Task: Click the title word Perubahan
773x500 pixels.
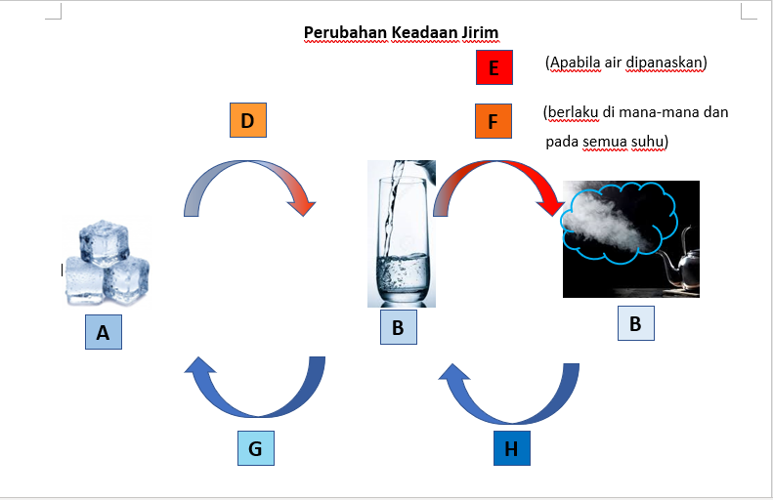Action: point(346,33)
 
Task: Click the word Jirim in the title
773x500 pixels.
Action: point(480,33)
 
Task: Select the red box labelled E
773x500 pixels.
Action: point(494,67)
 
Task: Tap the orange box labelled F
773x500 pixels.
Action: point(493,121)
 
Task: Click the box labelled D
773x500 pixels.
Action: point(248,120)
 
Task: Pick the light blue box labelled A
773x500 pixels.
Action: point(104,332)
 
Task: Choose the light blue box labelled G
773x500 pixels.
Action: point(256,448)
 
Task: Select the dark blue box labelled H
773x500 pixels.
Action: point(512,448)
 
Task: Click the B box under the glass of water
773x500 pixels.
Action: point(399,327)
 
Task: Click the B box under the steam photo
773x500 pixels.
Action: point(636,323)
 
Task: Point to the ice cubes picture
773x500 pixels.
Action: point(107,263)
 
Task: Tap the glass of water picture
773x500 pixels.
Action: point(402,233)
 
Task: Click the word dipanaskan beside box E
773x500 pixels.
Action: point(666,63)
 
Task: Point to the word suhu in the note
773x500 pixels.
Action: point(650,142)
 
